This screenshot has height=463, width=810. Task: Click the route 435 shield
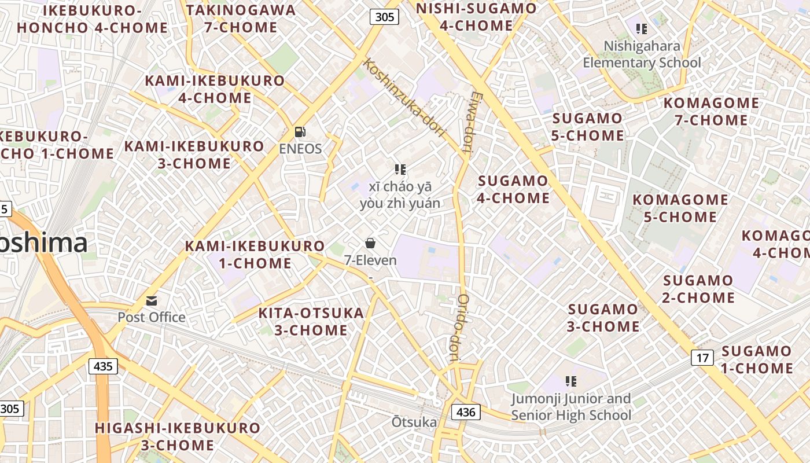tap(103, 366)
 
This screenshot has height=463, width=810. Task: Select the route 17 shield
tap(702, 358)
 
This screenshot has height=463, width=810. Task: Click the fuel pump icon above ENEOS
tap(300, 132)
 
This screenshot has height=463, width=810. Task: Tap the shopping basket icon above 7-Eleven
tap(370, 243)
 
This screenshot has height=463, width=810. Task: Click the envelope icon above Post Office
tap(152, 300)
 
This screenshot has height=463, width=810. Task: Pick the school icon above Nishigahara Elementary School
tap(641, 28)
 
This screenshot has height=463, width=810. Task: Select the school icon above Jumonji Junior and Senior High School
tap(571, 381)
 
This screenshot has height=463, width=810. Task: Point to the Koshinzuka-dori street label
tap(404, 97)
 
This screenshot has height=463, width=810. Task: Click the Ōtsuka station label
tap(414, 422)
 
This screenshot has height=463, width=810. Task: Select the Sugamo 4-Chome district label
tap(513, 189)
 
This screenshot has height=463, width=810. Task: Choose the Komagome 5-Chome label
tap(680, 208)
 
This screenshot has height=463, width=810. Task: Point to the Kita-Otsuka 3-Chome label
tap(311, 322)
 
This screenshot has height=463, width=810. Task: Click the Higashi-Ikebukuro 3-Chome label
tap(178, 436)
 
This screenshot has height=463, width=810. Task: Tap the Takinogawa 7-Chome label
tap(241, 19)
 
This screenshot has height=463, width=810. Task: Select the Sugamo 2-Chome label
tap(698, 289)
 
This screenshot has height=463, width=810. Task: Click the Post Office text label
tap(152, 317)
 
